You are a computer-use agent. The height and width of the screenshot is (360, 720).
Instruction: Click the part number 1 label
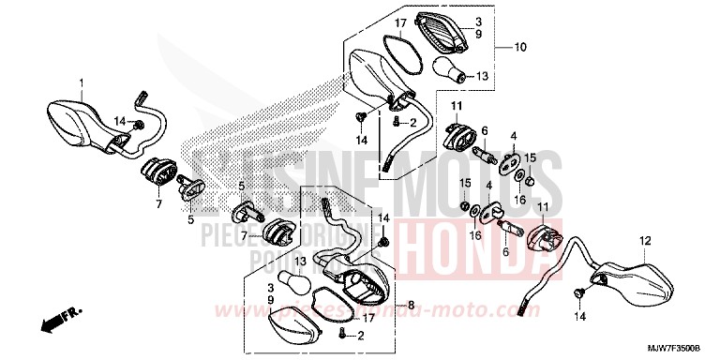[x=82, y=82]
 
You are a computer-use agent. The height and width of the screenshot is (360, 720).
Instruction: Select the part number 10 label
[x=521, y=46]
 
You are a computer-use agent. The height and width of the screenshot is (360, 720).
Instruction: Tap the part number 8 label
[x=410, y=306]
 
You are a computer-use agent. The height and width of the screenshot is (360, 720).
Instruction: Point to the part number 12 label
[x=644, y=240]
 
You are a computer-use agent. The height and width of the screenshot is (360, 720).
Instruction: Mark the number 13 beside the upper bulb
[x=484, y=77]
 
